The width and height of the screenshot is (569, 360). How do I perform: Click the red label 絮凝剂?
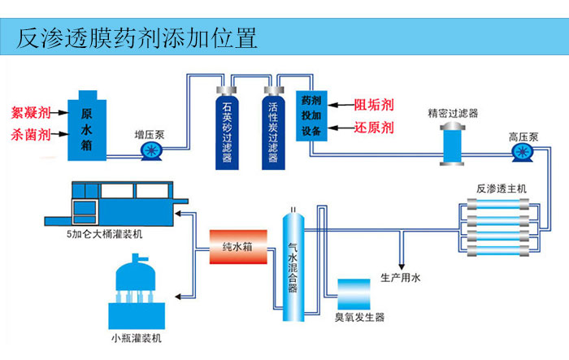31,112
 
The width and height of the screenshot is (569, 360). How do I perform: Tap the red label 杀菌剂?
31,135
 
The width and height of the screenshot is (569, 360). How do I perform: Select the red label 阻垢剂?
374,105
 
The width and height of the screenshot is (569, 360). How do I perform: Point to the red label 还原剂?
374,128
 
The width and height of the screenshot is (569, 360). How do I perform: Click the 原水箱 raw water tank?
87,126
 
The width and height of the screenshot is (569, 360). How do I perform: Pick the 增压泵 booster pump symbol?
151,150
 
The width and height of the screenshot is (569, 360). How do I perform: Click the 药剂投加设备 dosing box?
311,115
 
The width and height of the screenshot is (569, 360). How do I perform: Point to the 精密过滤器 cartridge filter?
452,144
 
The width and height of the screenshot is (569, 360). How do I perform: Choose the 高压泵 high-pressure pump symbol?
523,152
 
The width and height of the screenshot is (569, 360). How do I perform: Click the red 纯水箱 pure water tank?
238,247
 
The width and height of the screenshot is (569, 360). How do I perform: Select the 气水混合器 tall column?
293,266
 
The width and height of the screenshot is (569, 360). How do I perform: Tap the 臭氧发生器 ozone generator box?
354,294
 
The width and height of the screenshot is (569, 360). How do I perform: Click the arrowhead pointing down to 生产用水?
401,267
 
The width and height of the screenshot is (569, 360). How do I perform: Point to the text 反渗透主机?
502,189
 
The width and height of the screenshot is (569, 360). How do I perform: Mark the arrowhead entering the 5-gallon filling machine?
178,214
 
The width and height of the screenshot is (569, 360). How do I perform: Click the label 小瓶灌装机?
137,339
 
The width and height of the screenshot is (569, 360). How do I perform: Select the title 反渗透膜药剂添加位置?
137,37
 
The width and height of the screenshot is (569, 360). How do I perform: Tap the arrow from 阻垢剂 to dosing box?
341,105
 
